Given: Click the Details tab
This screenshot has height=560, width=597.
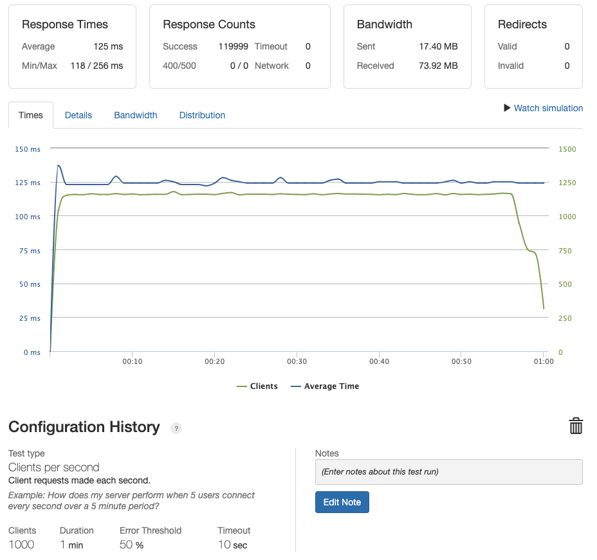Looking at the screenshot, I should pos(78,115).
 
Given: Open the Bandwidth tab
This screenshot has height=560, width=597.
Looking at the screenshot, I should pos(136,115).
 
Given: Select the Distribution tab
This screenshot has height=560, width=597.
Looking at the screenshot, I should pos(202,115).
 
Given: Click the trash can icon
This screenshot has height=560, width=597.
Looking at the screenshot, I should pos(576,426).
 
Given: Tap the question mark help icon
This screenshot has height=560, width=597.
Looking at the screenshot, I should pos(176,428).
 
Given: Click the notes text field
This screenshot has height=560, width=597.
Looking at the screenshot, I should pos(448,471).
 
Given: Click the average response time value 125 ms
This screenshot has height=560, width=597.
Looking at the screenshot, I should pos(108,46).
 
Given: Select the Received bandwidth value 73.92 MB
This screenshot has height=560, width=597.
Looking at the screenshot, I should pos(437,66).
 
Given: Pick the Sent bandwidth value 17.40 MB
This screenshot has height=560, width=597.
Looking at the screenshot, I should pos(437,46).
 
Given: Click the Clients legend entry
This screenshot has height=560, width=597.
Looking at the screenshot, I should pos(257,386).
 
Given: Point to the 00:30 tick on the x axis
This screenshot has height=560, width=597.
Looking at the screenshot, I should pos(297,361).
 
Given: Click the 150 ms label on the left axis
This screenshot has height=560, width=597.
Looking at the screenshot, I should pos(27,149).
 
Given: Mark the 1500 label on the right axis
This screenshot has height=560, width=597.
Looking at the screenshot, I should pos(567,149).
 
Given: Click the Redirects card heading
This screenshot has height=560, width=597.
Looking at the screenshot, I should pos(522,24).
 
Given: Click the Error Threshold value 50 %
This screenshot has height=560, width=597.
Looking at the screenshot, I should pos(131,545).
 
